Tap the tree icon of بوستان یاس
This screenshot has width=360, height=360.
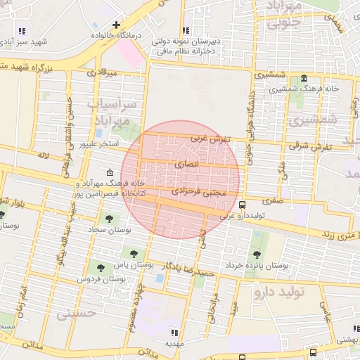(131, 252)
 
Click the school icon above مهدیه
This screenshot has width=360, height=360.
(174, 333)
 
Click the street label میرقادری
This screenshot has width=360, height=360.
(100, 72)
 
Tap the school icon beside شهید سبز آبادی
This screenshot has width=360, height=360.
(22, 31)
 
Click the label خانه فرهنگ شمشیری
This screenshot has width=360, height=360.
(330, 89)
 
